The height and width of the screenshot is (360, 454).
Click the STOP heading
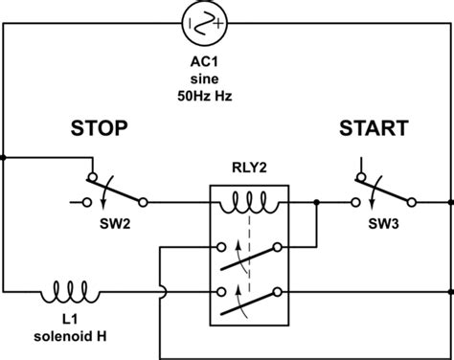(x=100, y=129)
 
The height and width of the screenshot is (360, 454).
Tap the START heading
(x=373, y=129)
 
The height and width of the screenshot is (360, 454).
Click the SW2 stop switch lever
(x=115, y=189)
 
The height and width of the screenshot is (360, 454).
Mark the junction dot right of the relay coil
(x=315, y=203)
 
